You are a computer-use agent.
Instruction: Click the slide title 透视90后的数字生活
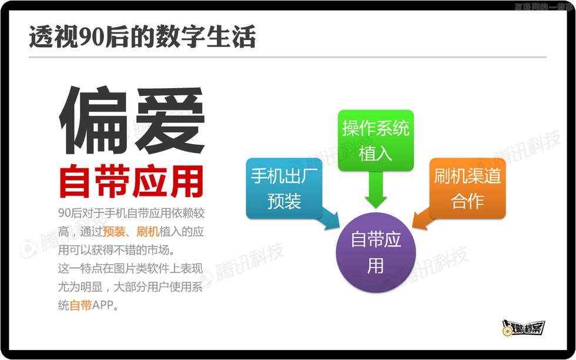[142, 36]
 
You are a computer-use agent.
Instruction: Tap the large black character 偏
[93, 121]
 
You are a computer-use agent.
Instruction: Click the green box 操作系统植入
[375, 140]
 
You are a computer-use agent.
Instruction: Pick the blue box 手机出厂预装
[284, 188]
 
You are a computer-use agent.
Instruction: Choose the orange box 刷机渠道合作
[467, 188]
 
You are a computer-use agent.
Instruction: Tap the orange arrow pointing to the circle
[421, 219]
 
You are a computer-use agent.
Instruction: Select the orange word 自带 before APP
[81, 305]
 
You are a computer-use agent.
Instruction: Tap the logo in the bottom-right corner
[524, 328]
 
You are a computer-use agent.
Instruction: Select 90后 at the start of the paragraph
[69, 212]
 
